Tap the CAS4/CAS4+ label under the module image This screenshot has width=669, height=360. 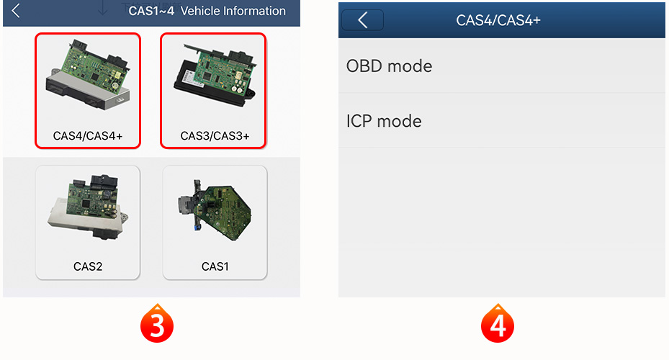pyautogui.click(x=87, y=136)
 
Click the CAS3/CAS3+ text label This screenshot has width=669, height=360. pyautogui.click(x=215, y=136)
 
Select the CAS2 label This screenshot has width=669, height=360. pyautogui.click(x=88, y=266)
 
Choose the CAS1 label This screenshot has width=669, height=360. pyautogui.click(x=215, y=266)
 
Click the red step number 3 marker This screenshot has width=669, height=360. pyautogui.click(x=157, y=324)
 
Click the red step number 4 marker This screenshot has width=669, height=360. pyautogui.click(x=498, y=324)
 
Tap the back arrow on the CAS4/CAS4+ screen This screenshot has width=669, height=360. pyautogui.click(x=363, y=20)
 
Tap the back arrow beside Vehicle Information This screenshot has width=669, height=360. pyautogui.click(x=16, y=11)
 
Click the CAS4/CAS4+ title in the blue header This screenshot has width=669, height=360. pyautogui.click(x=498, y=20)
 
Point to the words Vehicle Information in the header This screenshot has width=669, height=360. pyautogui.click(x=233, y=11)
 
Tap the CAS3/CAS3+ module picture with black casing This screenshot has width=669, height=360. pyautogui.click(x=215, y=76)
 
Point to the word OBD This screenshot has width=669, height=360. pyautogui.click(x=364, y=66)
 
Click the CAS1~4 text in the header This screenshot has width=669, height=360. pyautogui.click(x=151, y=11)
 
